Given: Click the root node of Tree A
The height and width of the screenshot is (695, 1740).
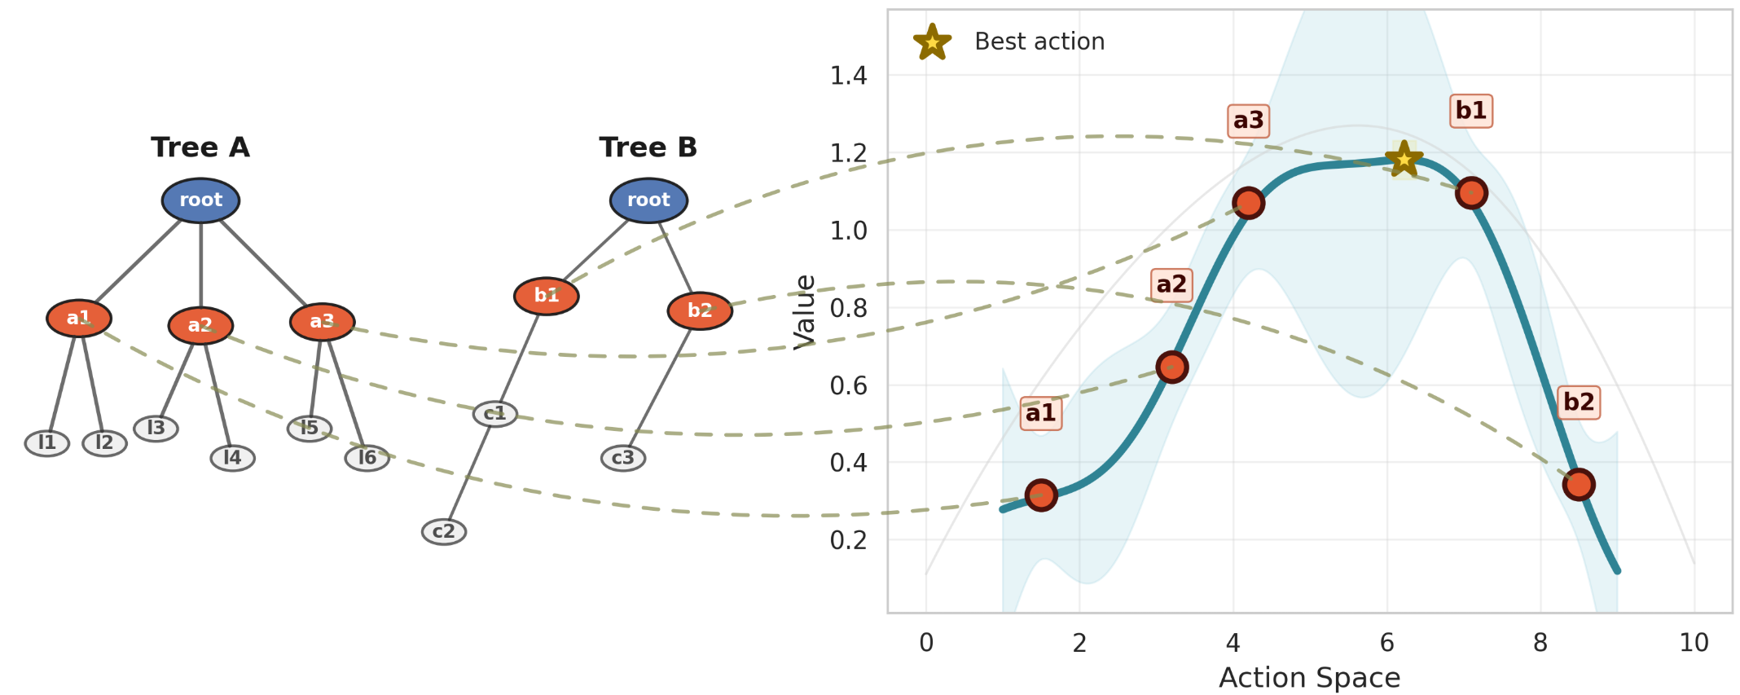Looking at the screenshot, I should [x=200, y=200].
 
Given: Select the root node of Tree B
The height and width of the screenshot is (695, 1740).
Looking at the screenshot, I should [x=648, y=200].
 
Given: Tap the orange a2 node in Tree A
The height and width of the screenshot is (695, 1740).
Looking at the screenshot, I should [x=200, y=326].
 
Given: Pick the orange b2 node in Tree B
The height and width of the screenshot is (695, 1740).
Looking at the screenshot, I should [x=700, y=310].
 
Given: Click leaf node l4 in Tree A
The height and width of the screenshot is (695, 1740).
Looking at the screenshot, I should [x=232, y=458].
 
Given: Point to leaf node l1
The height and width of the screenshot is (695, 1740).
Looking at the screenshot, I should [x=47, y=443].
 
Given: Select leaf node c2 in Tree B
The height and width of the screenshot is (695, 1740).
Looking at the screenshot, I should [x=444, y=532].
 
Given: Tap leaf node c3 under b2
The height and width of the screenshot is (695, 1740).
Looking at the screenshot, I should [x=623, y=458].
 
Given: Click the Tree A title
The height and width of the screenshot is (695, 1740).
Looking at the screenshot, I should [x=200, y=147].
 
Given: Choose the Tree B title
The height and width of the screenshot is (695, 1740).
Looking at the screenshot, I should [x=648, y=147].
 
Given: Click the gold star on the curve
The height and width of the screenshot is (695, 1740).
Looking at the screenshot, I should [x=1404, y=158].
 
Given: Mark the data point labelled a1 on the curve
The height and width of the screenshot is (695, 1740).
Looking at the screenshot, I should [x=1041, y=495].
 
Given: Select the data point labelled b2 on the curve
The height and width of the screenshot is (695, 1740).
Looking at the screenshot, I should [x=1579, y=484].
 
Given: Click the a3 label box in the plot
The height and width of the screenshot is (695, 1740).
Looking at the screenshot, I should [x=1248, y=121].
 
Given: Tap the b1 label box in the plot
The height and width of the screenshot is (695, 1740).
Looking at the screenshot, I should [x=1471, y=111].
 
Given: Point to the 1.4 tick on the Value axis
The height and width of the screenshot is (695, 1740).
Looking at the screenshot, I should [x=848, y=76].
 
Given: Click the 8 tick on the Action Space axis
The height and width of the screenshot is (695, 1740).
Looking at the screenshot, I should [x=1540, y=643].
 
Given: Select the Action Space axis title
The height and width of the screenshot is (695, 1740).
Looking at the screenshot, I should [x=1309, y=678].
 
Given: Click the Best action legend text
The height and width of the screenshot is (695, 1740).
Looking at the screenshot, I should [x=1039, y=42].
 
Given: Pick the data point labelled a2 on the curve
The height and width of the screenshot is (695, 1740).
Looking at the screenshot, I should [x=1171, y=367].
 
